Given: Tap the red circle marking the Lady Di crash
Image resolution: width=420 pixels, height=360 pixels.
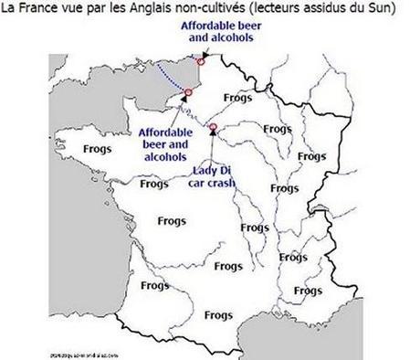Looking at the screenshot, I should [x=213, y=127].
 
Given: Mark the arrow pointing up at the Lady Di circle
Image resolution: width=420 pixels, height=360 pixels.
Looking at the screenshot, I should [x=213, y=138].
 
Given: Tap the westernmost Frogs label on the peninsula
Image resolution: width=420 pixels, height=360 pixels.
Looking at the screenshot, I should [x=73, y=147].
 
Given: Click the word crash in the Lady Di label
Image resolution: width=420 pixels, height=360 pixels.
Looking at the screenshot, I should [x=222, y=183].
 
